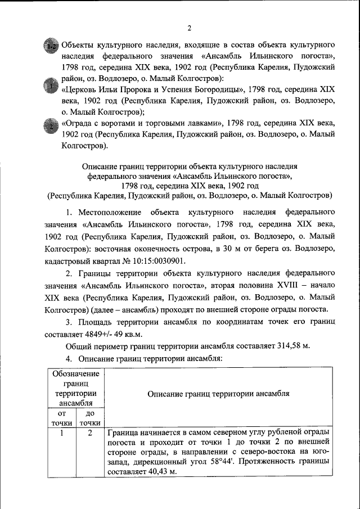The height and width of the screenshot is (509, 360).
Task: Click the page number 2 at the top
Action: click(x=190, y=28)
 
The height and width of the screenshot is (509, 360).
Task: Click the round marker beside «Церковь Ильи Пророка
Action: click(x=51, y=87)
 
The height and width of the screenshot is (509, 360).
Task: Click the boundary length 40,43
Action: click(x=160, y=473)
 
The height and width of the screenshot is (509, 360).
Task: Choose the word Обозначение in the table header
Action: click(x=76, y=374)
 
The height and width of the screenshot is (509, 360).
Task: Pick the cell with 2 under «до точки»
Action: click(x=89, y=433)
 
